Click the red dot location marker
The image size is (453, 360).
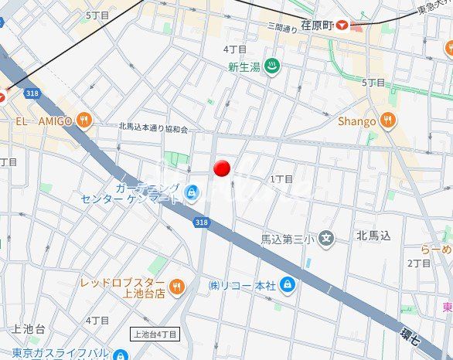223,168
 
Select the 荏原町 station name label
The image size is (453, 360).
317,25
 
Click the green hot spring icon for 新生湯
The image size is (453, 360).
271,66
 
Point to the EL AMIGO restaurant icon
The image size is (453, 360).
85,121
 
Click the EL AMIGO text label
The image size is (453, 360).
44,121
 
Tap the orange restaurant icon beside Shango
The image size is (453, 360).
387,121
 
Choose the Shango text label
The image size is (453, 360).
357,121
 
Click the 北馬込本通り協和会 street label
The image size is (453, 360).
153,127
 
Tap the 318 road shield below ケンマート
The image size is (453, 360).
202,222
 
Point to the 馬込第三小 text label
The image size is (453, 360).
288,239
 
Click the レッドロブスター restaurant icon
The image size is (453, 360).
177,287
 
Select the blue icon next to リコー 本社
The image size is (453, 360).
287,285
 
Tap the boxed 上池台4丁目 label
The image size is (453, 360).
155,335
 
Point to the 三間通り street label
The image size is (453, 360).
282,28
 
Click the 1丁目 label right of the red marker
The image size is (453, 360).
281,179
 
